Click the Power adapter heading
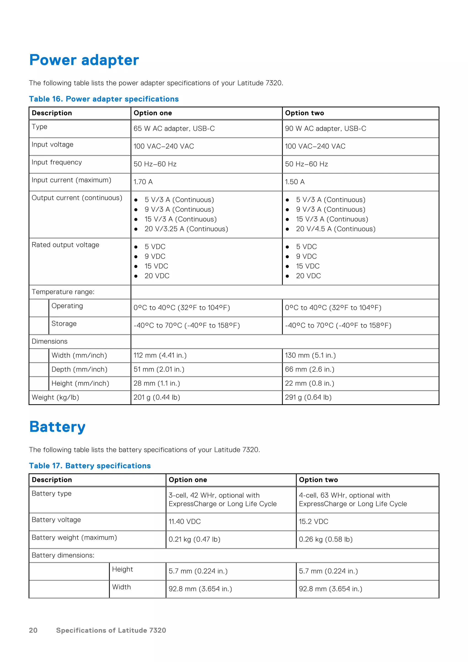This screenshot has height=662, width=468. pyautogui.click(x=84, y=60)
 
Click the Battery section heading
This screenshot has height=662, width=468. pyautogui.click(x=57, y=427)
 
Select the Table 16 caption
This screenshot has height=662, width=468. pyautogui.click(x=104, y=99)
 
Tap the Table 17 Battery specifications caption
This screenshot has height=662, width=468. pyautogui.click(x=90, y=466)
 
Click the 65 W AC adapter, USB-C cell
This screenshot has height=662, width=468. pyautogui.click(x=174, y=129)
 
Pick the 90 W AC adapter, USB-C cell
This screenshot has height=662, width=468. pyautogui.click(x=325, y=129)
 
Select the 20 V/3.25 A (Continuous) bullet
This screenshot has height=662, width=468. pyautogui.click(x=186, y=229)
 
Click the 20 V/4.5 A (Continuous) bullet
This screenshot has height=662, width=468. pyautogui.click(x=336, y=229)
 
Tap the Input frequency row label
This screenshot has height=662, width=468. pyautogui.click(x=57, y=162)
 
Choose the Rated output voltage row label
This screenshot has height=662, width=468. pyautogui.click(x=65, y=245)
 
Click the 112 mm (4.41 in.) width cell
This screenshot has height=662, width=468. pyautogui.click(x=160, y=355)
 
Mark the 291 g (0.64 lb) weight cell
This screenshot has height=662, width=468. pyautogui.click(x=308, y=397)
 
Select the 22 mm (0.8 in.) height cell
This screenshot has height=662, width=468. pyautogui.click(x=309, y=384)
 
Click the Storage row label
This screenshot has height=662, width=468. pyautogui.click(x=64, y=324)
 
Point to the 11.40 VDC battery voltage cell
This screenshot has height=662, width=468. pyautogui.click(x=184, y=522)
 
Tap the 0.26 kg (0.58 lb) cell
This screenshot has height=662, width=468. pyautogui.click(x=326, y=539)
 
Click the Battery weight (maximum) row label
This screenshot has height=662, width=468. pyautogui.click(x=74, y=538)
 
